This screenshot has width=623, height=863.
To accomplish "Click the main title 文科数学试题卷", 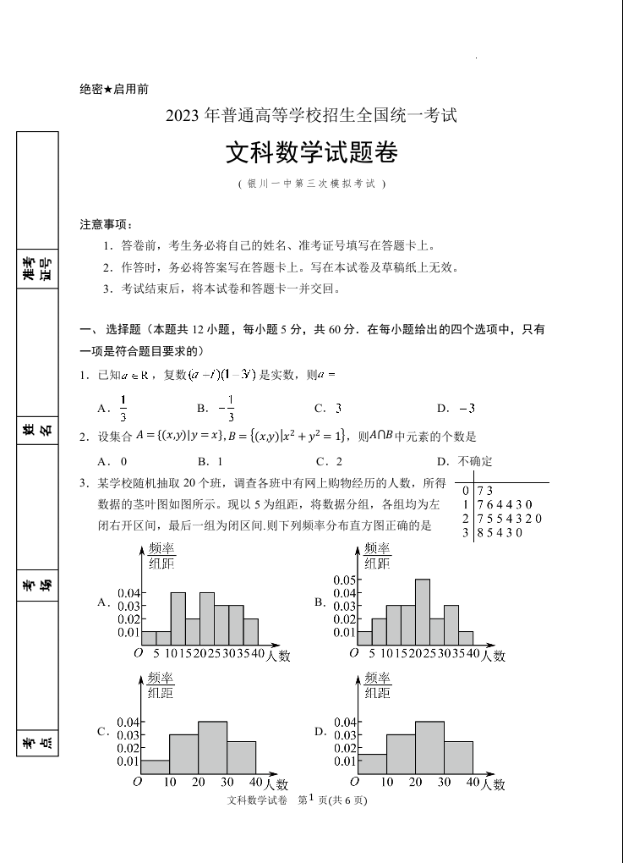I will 311,153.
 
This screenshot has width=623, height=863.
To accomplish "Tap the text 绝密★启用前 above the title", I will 114,90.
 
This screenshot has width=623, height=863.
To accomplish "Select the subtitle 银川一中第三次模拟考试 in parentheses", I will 311,184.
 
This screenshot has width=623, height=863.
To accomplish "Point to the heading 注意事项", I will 106,224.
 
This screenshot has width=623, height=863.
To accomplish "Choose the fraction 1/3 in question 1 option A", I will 123,408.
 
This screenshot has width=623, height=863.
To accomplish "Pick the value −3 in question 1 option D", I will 467,409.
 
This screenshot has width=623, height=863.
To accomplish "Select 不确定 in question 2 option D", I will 475,461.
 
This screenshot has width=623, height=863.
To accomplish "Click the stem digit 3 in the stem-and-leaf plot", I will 465,532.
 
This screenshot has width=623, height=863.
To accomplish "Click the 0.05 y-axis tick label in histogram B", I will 344,580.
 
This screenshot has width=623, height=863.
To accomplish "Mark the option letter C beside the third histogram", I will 102,731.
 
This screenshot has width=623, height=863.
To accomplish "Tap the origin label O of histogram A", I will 138,653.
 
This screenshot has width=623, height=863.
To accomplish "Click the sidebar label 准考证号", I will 37,268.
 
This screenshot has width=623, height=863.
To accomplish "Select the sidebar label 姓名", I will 37,431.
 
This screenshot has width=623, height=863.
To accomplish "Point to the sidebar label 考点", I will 37,744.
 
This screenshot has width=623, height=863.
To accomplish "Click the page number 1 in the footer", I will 311,798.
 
